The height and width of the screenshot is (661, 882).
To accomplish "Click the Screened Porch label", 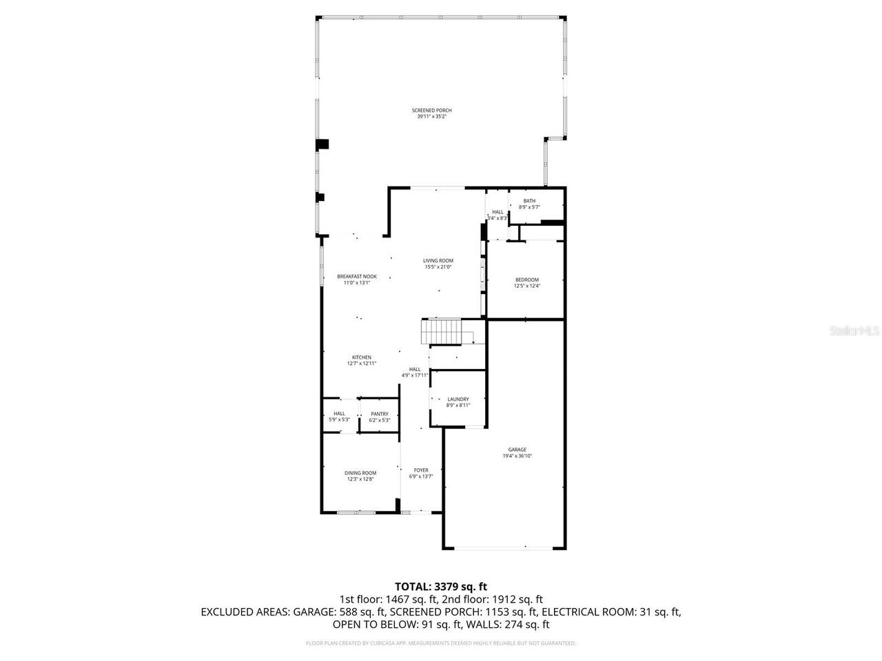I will pyautogui.click(x=431, y=110).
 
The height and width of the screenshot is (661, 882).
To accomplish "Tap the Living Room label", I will pyautogui.click(x=438, y=261).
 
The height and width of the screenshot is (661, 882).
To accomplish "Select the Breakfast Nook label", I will pyautogui.click(x=356, y=276).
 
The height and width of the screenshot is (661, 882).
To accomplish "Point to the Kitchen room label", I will pyautogui.click(x=362, y=357).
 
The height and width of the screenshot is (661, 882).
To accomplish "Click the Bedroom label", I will pyautogui.click(x=526, y=280).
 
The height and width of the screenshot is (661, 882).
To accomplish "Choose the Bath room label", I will pyautogui.click(x=529, y=201).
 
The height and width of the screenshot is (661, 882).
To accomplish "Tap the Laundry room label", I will pyautogui.click(x=458, y=399).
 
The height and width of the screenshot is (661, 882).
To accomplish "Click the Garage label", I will pyautogui.click(x=517, y=450).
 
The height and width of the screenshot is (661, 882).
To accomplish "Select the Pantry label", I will pyautogui.click(x=380, y=414).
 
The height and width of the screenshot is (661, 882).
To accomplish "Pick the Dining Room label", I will pyautogui.click(x=360, y=473).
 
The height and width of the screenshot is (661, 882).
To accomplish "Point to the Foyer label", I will pyautogui.click(x=421, y=470).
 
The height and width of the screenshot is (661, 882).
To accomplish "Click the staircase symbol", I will pyautogui.click(x=441, y=332).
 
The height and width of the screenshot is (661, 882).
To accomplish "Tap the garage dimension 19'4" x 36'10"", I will pyautogui.click(x=517, y=456).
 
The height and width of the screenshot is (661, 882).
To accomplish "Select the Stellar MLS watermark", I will pyautogui.click(x=854, y=331).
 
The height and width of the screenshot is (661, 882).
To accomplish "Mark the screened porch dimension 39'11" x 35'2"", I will pyautogui.click(x=431, y=116).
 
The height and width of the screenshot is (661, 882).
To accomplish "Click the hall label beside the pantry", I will pyautogui.click(x=339, y=414).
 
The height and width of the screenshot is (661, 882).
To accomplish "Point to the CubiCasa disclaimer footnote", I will pyautogui.click(x=440, y=643).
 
